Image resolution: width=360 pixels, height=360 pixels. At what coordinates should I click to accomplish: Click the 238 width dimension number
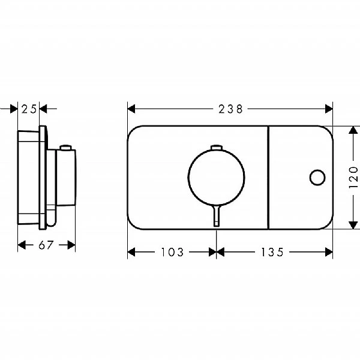tap(230, 109)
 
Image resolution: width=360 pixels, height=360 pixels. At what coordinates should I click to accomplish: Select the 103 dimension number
tap(172, 252)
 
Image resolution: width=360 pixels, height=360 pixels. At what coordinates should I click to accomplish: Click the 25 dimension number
tap(28, 109)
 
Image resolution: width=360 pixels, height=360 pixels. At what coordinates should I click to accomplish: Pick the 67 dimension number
tap(46, 245)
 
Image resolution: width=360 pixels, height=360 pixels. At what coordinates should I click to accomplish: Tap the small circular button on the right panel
tap(317, 177)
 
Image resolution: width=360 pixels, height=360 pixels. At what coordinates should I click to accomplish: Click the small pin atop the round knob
tap(217, 148)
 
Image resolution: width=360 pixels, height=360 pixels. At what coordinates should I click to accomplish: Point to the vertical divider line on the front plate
tap(268, 177)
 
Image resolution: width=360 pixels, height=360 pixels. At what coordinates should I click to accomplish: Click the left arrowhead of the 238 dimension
tap(131, 109)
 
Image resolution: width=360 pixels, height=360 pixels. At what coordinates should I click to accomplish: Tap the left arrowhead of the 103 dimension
tap(131, 252)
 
